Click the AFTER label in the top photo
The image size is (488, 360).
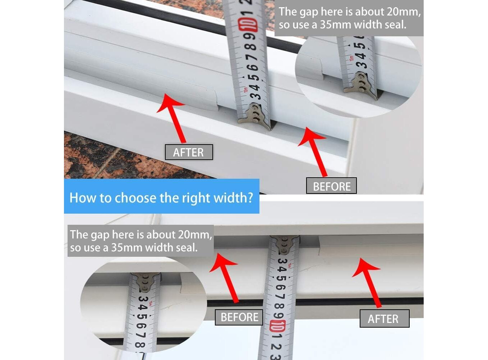(x=189, y=152)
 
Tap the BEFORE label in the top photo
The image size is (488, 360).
(x=331, y=186)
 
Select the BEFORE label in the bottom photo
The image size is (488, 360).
(x=239, y=317)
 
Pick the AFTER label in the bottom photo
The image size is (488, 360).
(x=385, y=319)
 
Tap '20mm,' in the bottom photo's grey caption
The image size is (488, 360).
(x=195, y=234)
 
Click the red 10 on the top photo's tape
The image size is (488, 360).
(x=248, y=25)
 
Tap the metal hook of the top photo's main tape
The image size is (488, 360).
(x=255, y=117)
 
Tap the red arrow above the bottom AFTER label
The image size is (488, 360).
(x=368, y=283)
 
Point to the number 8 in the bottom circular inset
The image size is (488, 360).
(x=140, y=344)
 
